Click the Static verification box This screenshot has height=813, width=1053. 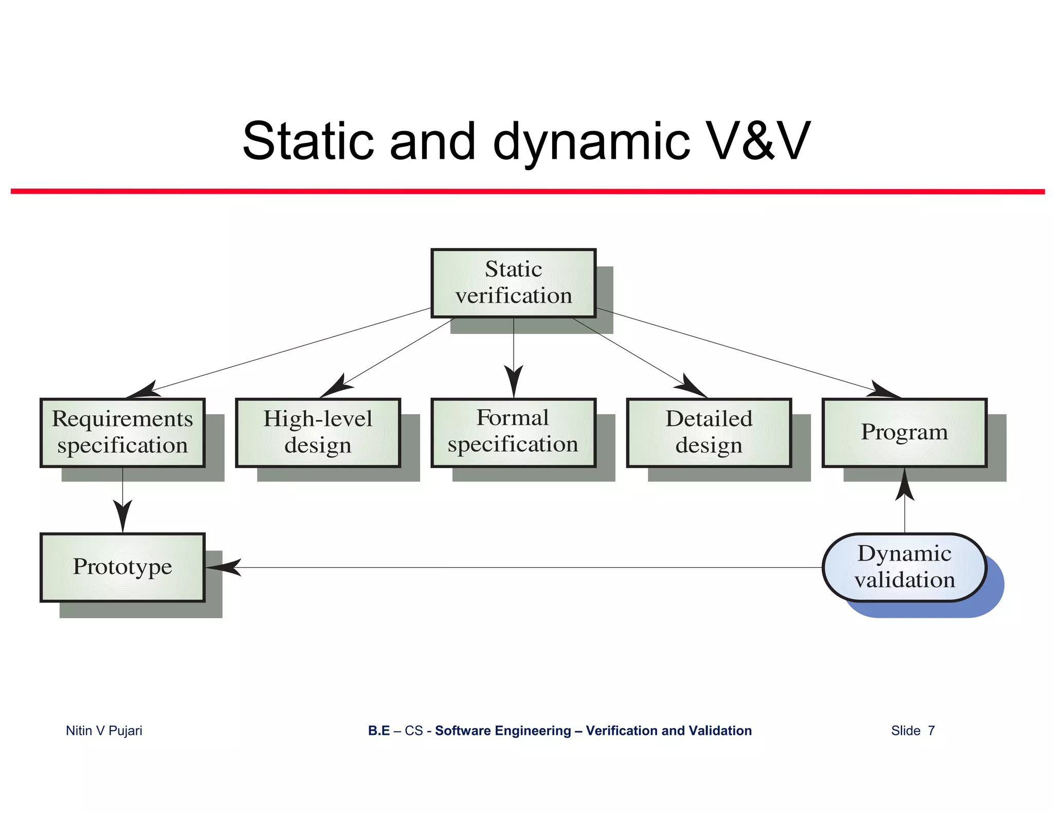[513, 283]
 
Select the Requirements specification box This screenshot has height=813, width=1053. [122, 432]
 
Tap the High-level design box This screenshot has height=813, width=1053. [318, 432]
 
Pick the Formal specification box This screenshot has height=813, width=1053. [513, 432]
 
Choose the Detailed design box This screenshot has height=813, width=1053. [709, 432]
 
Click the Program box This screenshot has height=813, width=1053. [904, 432]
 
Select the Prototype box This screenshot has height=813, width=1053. [122, 567]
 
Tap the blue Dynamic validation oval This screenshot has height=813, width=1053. [904, 567]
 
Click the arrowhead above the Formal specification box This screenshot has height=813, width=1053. [513, 380]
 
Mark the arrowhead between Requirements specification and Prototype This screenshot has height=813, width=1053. [122, 515]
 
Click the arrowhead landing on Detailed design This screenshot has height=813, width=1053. [692, 387]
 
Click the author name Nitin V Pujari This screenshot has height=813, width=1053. [104, 730]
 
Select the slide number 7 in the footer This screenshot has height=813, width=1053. [931, 730]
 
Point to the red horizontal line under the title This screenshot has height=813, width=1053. [526, 191]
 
